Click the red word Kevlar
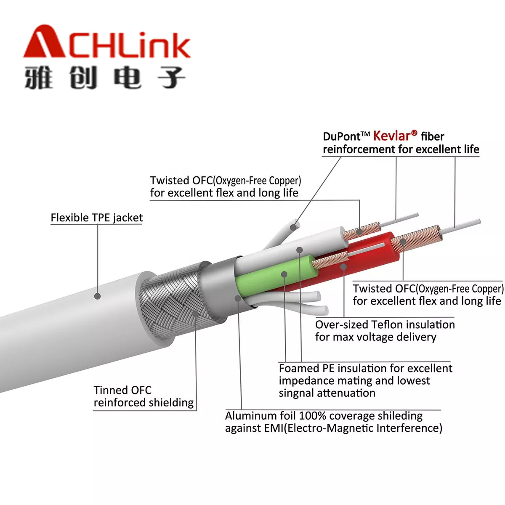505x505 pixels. [392, 136]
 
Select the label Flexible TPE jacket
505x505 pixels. [97, 218]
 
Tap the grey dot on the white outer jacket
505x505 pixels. [98, 296]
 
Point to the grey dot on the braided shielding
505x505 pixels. [195, 314]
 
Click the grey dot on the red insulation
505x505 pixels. [343, 267]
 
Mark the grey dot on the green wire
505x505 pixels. [284, 274]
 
